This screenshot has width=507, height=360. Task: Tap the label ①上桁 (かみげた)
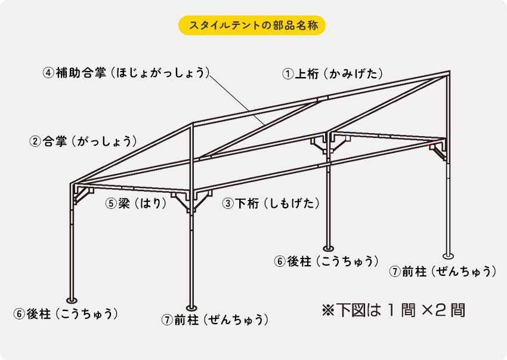(332, 74)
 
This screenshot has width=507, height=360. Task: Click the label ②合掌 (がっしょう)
(84, 141)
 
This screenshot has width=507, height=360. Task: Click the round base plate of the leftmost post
(71, 300)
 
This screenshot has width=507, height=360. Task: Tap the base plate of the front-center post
(190, 302)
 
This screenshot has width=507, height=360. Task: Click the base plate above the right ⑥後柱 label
(328, 248)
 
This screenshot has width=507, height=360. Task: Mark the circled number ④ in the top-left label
(48, 73)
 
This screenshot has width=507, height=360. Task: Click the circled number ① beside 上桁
(288, 74)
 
